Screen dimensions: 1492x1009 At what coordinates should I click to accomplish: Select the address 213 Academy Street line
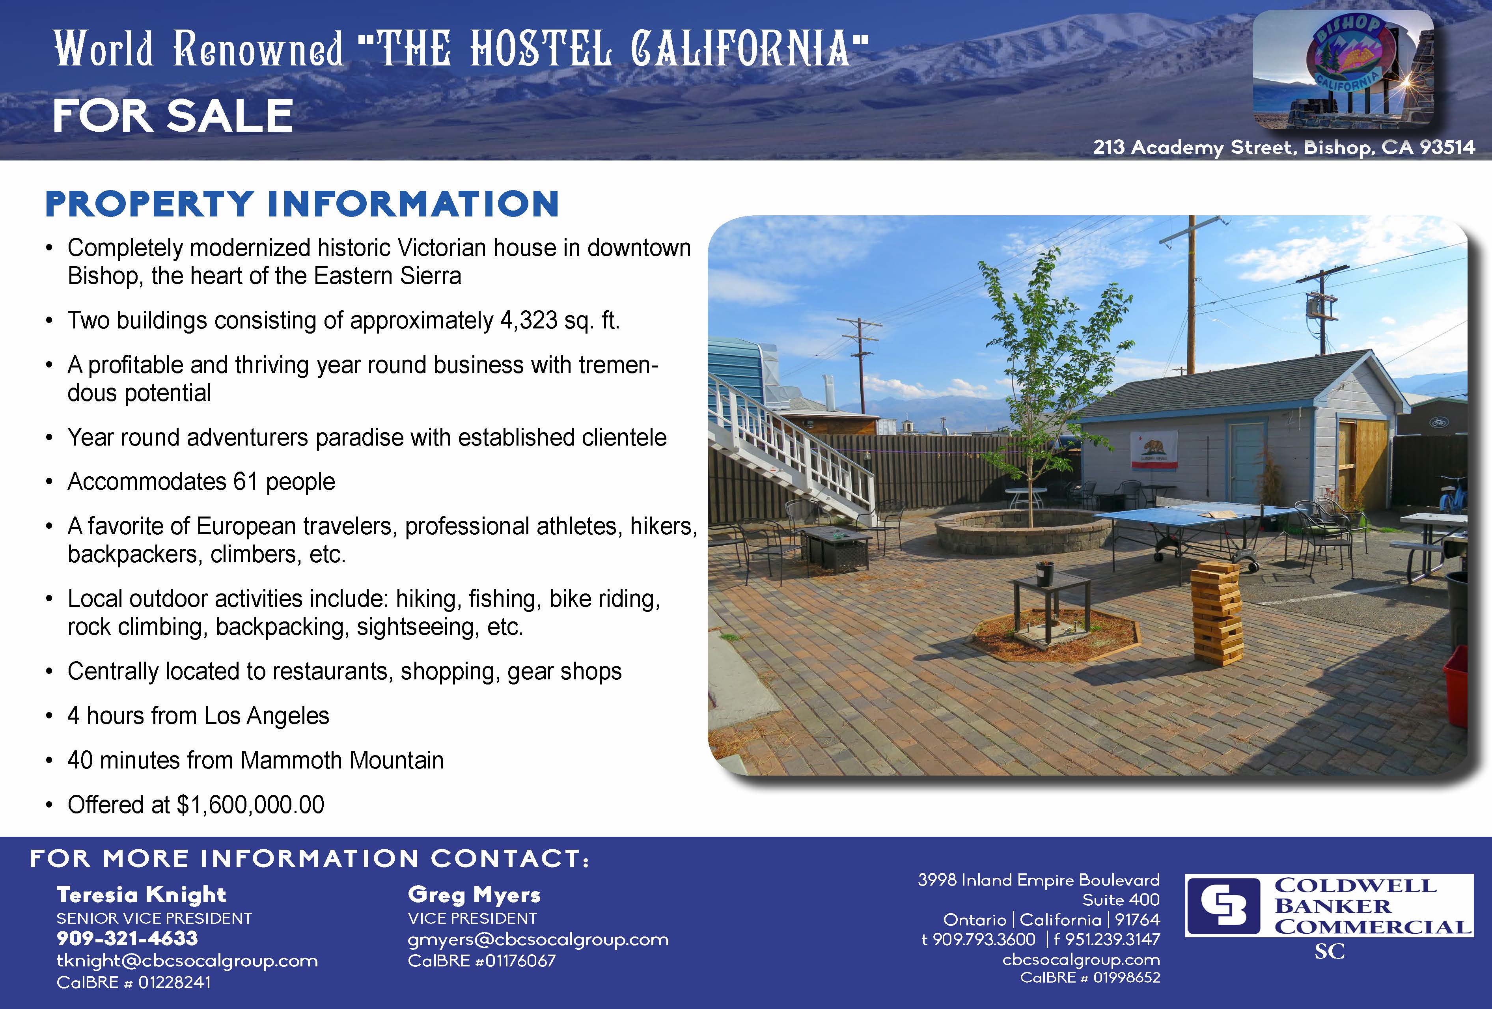[1284, 147]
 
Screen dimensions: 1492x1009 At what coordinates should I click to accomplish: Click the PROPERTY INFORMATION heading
[302, 204]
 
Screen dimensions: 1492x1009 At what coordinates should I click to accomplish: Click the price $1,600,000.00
[250, 805]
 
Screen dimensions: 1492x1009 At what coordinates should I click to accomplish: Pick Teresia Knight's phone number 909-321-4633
[127, 938]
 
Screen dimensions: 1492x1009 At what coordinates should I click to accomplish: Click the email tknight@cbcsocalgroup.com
[187, 961]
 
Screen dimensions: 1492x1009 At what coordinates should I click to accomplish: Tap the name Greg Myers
[474, 895]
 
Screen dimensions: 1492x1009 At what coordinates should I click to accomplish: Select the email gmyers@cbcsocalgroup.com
[538, 940]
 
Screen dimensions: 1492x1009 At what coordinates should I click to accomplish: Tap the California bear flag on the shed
[1154, 450]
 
